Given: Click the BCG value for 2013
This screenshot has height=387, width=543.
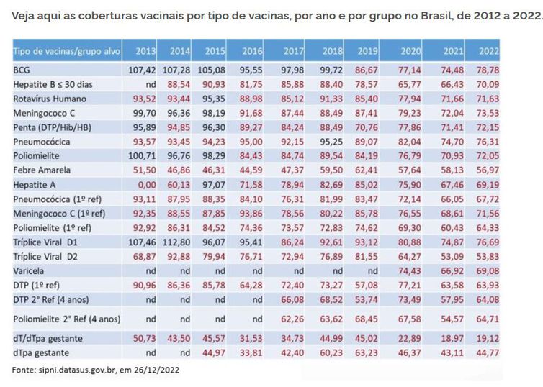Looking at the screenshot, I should [143, 70].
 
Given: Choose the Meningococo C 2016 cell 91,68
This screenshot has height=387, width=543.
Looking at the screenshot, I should [252, 112].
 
